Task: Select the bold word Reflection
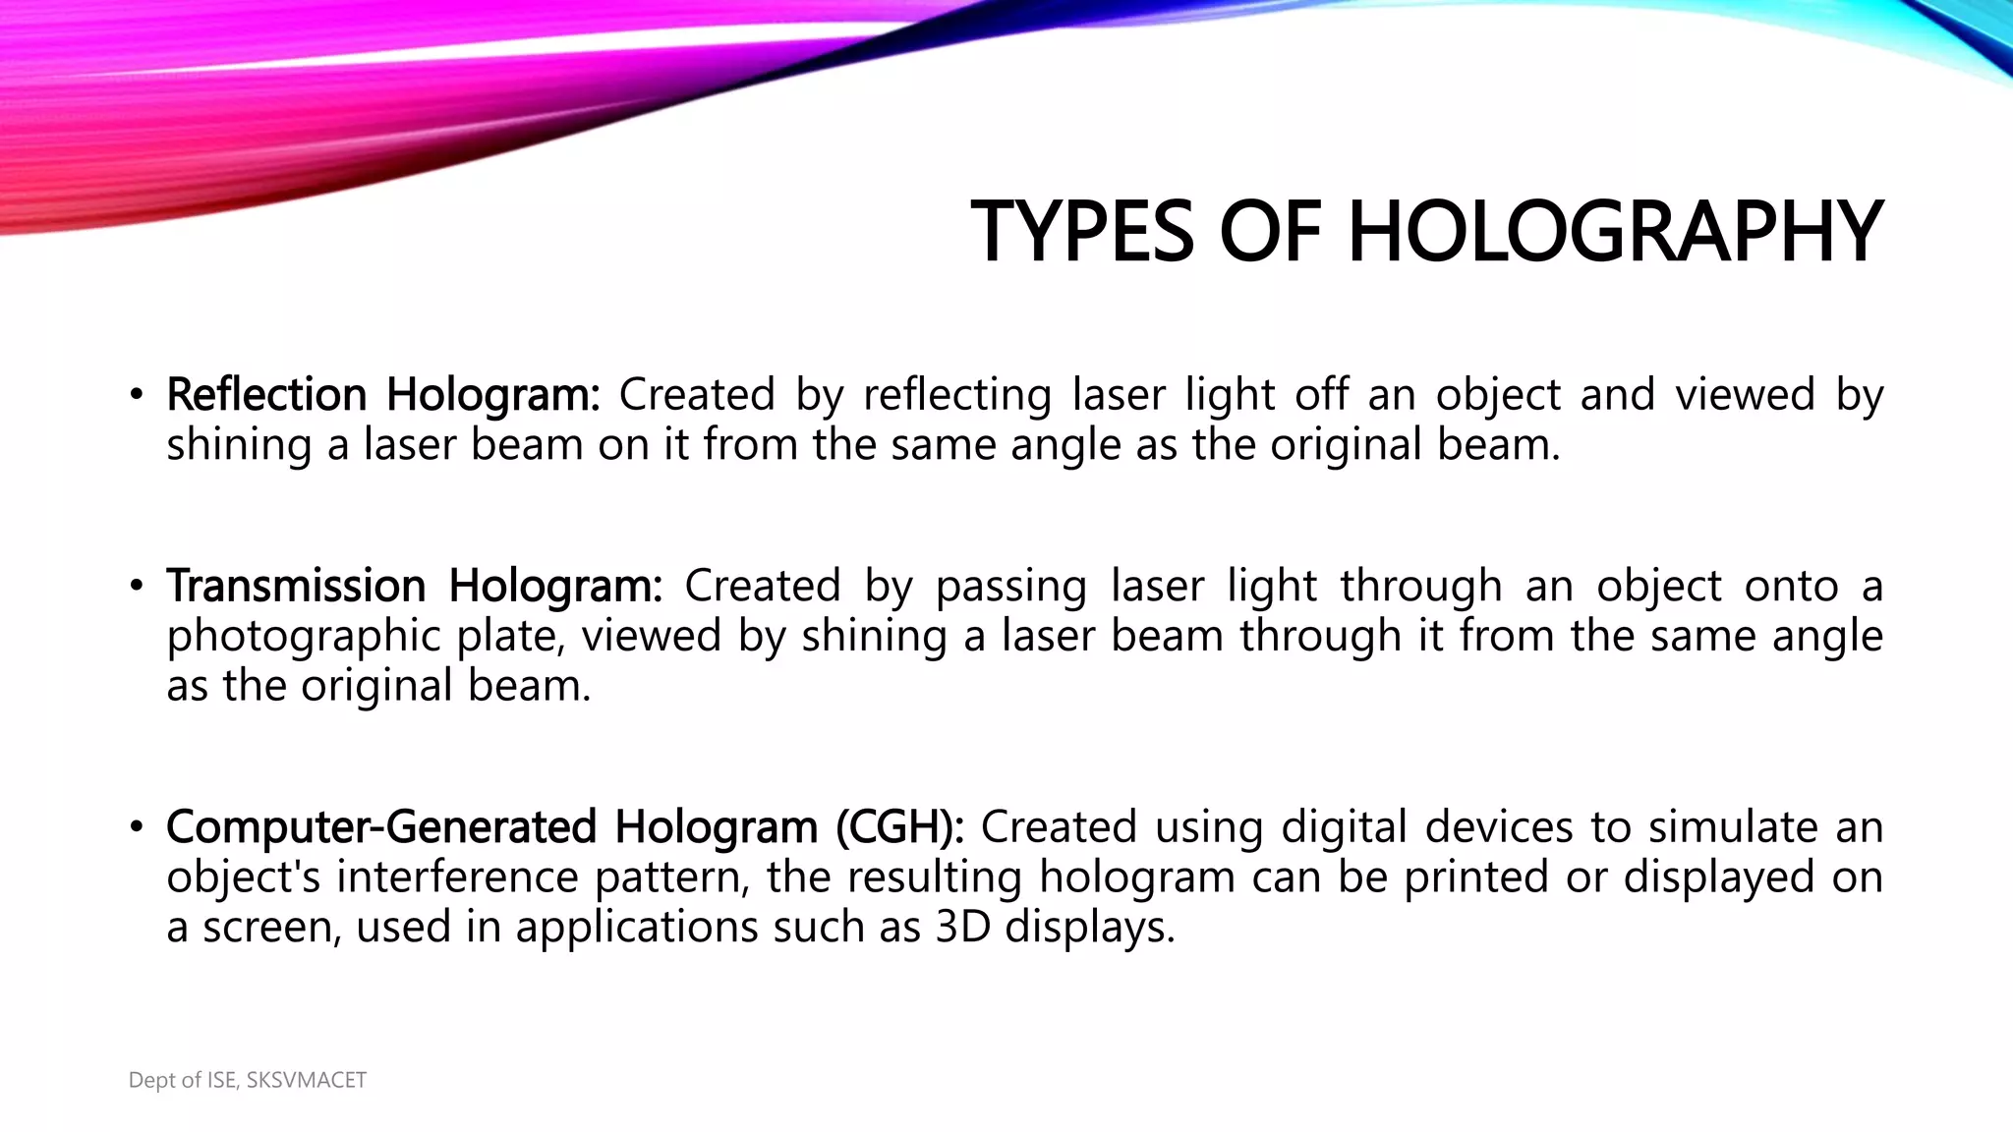pos(266,394)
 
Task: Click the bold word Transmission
pos(296,586)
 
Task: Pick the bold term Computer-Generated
pos(381,826)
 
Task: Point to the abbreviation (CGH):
pos(900,826)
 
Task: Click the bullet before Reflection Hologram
pos(137,396)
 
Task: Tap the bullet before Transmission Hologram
pos(137,588)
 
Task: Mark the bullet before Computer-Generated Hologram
pos(137,828)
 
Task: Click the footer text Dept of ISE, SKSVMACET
pos(248,1080)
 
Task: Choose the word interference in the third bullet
pos(457,877)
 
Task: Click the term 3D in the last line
pos(962,927)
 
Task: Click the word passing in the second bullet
pos(1011,588)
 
